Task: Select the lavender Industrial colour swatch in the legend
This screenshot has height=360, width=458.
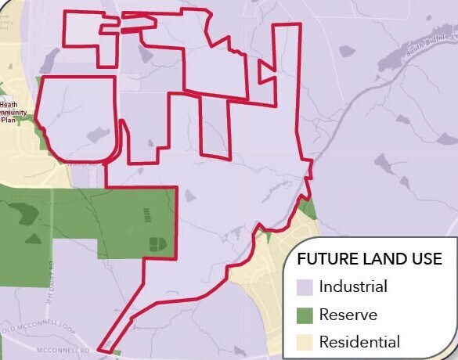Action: point(305,286)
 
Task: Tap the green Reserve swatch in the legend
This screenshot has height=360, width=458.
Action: point(305,315)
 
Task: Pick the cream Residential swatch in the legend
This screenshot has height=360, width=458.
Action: point(305,342)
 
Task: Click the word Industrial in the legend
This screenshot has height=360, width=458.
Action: point(353,286)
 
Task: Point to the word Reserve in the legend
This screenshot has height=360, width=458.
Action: point(348,315)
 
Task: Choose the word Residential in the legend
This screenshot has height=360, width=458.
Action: point(359,342)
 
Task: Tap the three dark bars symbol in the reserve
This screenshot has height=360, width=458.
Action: point(150,214)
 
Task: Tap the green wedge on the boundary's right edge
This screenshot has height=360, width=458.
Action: point(307,208)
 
